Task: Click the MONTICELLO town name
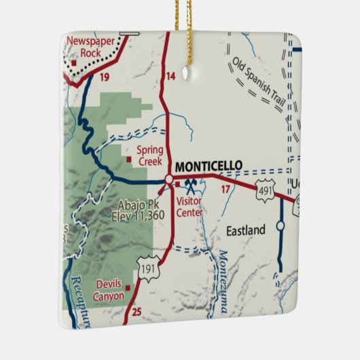click(209, 165)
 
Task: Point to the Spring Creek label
click(149, 156)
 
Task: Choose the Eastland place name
click(246, 231)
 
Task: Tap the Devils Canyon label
click(110, 290)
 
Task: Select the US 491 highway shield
click(266, 192)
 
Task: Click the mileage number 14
click(170, 76)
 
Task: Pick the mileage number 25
click(137, 312)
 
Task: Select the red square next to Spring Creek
click(129, 160)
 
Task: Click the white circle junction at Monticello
click(168, 179)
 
